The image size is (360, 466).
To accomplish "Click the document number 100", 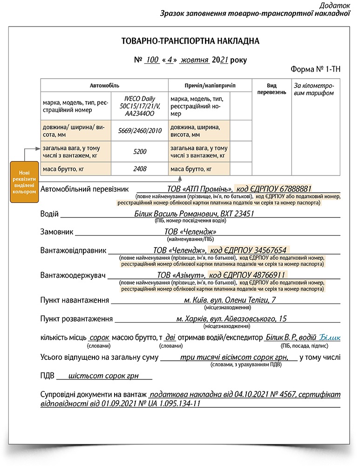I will tap(152, 60).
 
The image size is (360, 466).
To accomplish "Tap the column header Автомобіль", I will tap(104, 86).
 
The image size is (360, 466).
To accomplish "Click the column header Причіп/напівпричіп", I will tap(210, 86).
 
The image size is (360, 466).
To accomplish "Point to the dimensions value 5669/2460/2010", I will tap(140, 131).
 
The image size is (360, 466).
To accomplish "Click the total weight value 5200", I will tap(140, 151).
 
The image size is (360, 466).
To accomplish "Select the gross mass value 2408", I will tap(140, 169).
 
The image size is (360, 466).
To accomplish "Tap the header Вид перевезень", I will tap(272, 89).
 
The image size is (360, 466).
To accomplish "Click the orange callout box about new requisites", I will tap(24, 182).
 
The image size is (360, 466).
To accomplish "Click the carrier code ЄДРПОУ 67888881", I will tap(274, 189).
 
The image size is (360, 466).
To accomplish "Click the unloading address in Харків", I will tap(231, 319).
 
